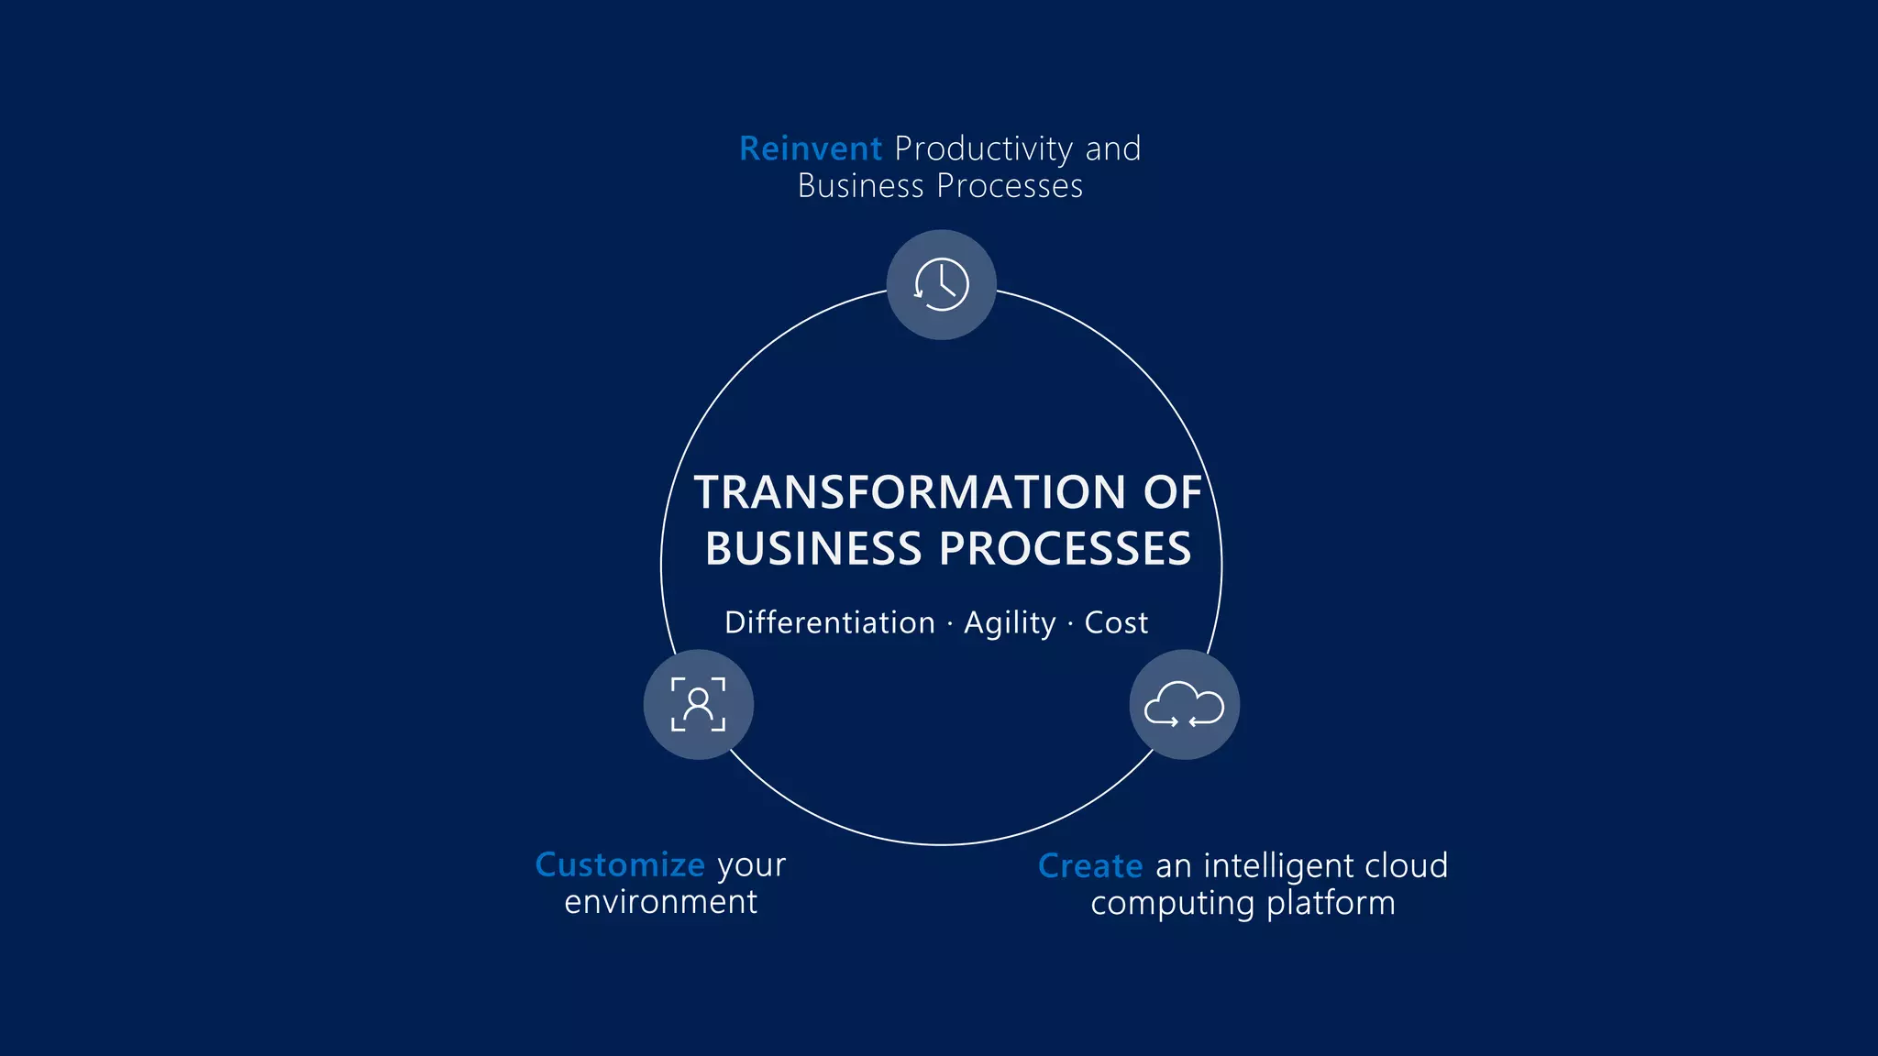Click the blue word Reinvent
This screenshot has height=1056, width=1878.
click(810, 148)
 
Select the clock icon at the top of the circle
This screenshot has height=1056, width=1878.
click(941, 284)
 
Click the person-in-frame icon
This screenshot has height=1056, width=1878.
click(698, 704)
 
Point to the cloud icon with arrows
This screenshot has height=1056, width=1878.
click(1184, 704)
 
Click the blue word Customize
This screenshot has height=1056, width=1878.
click(620, 864)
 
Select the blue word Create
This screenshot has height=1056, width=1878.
click(1090, 865)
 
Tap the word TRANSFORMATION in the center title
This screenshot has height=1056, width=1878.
click(910, 492)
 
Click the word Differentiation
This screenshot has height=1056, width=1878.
click(829, 622)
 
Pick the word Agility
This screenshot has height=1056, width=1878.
click(1010, 623)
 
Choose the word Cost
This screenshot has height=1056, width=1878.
click(1116, 622)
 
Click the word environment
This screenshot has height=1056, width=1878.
click(661, 902)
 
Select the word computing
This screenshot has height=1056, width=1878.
click(1172, 904)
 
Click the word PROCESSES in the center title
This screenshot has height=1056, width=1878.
click(1065, 549)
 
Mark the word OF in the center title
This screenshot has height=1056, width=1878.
click(1172, 492)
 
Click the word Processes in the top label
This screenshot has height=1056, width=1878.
click(1010, 186)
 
